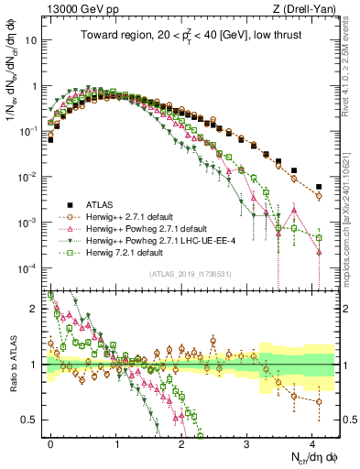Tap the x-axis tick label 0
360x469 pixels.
click(x=50, y=442)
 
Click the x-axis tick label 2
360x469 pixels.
click(x=181, y=442)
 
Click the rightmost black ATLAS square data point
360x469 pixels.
click(x=319, y=170)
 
